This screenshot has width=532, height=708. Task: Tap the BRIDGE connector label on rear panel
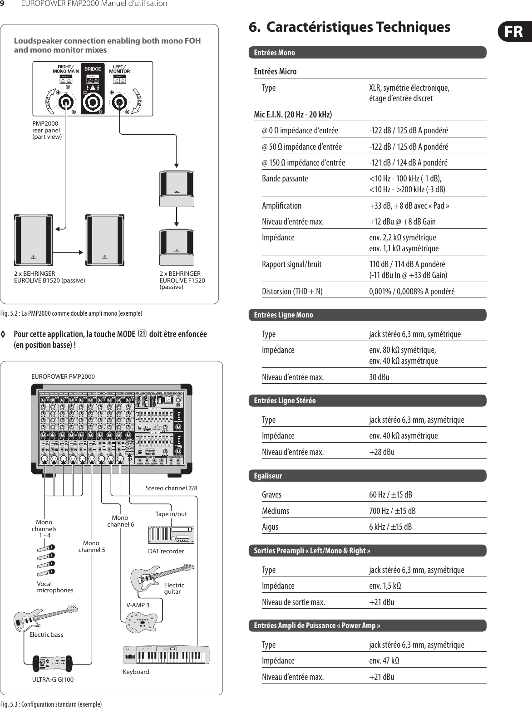93,69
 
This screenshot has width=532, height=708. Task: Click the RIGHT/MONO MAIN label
66,69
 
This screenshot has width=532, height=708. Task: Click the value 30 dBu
379,377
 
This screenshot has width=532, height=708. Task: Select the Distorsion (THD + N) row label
292,291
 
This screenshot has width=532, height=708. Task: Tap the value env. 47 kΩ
384,660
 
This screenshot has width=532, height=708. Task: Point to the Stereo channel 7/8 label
171,488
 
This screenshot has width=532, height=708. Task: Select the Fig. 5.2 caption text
71,313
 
